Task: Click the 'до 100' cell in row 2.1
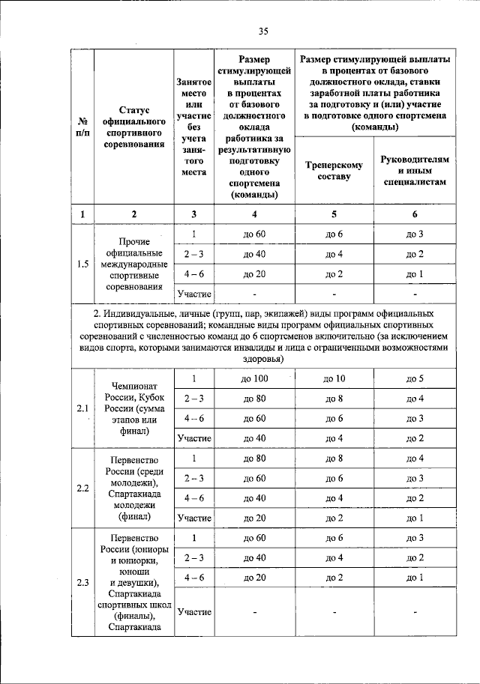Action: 255,379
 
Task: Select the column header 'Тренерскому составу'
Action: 334,171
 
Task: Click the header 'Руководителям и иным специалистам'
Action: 415,171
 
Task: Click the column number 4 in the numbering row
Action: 255,214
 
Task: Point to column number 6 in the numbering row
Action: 415,214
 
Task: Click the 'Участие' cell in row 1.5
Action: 193,294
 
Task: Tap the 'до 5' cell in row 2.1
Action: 415,379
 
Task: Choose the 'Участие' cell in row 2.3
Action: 193,611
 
